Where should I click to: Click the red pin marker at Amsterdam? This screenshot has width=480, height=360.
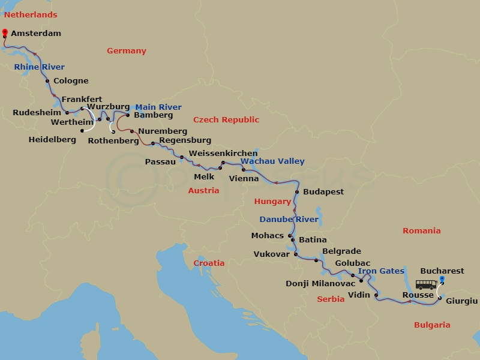coord(5,32)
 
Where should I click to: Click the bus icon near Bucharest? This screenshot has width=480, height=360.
coord(427,284)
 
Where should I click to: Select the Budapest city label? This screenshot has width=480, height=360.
coord(323,192)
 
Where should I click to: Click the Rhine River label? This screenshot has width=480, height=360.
coord(39,67)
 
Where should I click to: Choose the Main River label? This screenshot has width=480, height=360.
coord(158,107)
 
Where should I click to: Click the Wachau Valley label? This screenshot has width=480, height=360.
coord(272,161)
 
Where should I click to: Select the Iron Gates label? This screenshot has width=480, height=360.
coord(381,271)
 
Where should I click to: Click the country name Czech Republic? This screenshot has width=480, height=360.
coord(226,120)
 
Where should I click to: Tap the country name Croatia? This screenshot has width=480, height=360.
coord(209,263)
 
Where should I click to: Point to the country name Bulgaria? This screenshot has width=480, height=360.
coord(431,325)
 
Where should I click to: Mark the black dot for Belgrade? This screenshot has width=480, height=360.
coord(316,260)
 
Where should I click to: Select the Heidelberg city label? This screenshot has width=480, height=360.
coord(52,140)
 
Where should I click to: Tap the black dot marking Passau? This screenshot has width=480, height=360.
coord(182,158)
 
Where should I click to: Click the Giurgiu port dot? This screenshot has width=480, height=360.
coord(439,298)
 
